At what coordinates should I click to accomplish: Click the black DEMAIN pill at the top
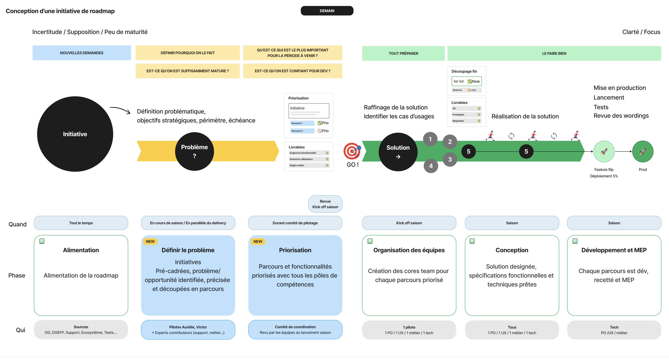tap(327, 11)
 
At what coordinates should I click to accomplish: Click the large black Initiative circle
tap(75, 134)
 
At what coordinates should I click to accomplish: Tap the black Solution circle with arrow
tap(398, 152)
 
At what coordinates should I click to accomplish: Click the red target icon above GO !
tap(352, 151)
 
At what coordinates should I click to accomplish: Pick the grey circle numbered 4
tap(431, 166)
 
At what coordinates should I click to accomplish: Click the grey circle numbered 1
tap(430, 139)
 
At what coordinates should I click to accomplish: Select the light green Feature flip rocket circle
tap(604, 152)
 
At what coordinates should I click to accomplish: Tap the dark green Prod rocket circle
tap(643, 152)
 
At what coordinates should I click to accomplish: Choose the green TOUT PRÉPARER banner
tap(403, 53)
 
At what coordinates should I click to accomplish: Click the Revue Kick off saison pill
tap(325, 204)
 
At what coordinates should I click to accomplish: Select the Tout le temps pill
tap(81, 223)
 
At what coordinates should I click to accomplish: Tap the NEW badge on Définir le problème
tap(150, 241)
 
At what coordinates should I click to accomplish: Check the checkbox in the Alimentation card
tap(42, 241)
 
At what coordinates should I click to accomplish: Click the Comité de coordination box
tap(295, 330)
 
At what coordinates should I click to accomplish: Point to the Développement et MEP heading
tap(614, 250)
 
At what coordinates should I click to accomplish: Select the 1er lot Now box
tap(466, 81)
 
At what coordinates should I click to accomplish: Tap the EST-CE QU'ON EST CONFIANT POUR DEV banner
tap(292, 71)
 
